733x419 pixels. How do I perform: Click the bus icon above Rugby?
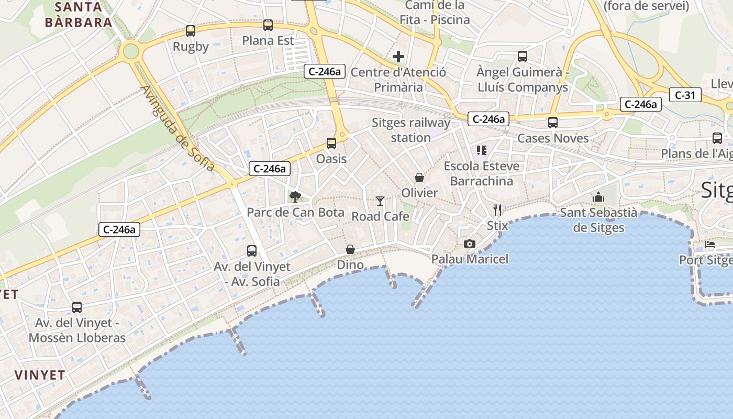point(191,31)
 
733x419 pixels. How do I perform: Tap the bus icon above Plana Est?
point(268,25)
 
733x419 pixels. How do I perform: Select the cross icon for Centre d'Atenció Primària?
point(398,57)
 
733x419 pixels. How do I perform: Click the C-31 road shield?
point(685,95)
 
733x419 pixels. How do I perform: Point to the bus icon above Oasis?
point(331,143)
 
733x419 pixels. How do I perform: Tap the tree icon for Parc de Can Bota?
point(295,197)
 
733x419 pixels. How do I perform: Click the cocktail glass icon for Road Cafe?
point(380,201)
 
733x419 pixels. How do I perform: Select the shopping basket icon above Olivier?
point(419,178)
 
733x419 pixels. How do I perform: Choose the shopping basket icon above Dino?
point(350,249)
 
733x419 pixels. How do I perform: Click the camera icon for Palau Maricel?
point(470,244)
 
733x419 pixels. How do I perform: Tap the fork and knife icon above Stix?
point(497,210)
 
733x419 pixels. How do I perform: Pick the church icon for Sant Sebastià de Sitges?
point(598,197)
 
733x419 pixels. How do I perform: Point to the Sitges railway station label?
point(410,130)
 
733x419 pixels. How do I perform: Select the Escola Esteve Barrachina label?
point(482,173)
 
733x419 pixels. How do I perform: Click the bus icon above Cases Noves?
point(553,123)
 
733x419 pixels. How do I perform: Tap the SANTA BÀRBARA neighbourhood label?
point(79,15)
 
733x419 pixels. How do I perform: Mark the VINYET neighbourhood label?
point(40,375)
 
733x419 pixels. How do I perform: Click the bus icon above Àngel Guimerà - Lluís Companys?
point(523,56)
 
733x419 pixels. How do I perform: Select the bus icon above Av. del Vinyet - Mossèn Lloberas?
point(77,307)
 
